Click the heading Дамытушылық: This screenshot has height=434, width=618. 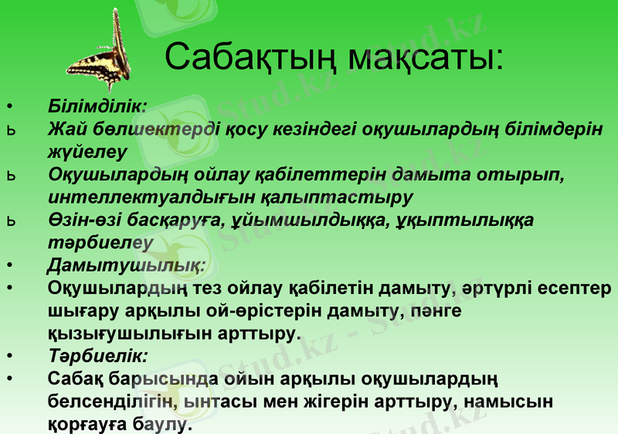[126, 266]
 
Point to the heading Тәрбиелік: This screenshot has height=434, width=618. [97, 357]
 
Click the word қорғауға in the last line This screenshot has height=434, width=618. [81, 424]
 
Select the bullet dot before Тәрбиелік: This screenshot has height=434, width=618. [8, 357]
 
